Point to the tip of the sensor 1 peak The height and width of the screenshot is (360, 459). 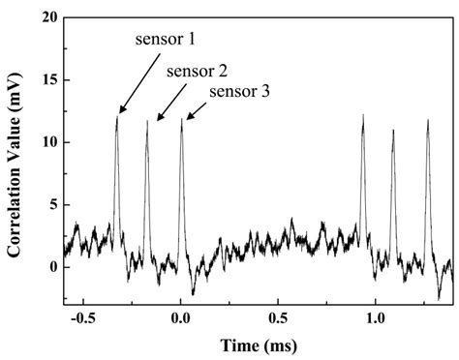click(x=116, y=117)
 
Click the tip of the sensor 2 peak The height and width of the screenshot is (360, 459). click(x=147, y=121)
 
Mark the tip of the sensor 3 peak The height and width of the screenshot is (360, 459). click(x=180, y=120)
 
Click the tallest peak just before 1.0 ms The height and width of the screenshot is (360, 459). click(x=362, y=115)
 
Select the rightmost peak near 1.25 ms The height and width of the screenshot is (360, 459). click(x=427, y=120)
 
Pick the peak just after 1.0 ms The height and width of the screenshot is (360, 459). click(x=393, y=130)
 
